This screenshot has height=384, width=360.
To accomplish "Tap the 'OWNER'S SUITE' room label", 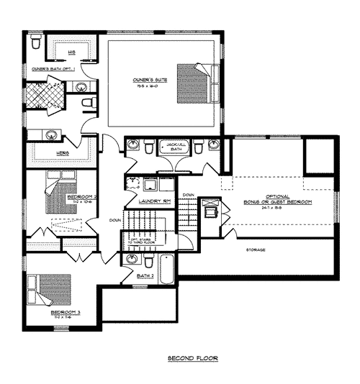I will pos(150,80).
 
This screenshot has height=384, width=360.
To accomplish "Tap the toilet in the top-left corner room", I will pos(35,45).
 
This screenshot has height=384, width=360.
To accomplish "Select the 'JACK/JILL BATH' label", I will pos(177,147).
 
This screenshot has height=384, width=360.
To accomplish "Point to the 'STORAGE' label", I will pos(256,250).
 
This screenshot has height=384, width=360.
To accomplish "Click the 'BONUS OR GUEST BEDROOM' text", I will pos(278,203).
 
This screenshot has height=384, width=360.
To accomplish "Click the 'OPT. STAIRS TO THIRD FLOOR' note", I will pos(139,242).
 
